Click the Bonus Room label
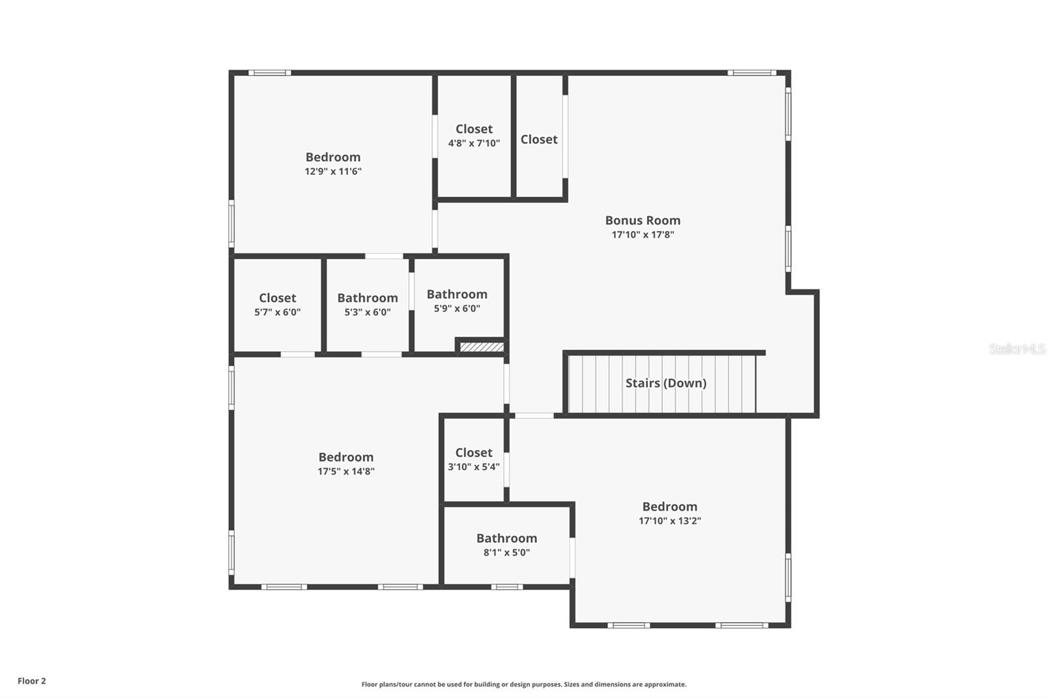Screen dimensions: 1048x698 pyautogui.click(x=643, y=221)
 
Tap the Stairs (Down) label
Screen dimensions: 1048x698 pyautogui.click(x=665, y=383)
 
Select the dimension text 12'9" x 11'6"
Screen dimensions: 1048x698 pyautogui.click(x=333, y=171)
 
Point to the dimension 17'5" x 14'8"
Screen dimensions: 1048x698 pyautogui.click(x=346, y=471)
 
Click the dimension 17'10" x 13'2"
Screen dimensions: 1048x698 pyautogui.click(x=670, y=521)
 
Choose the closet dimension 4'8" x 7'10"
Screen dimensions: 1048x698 pyautogui.click(x=474, y=143)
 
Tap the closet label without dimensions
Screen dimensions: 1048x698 pyautogui.click(x=539, y=139)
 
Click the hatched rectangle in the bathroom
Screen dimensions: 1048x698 pyautogui.click(x=482, y=347)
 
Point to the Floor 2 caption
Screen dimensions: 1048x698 pyautogui.click(x=32, y=681)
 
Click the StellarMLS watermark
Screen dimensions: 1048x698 pyautogui.click(x=1017, y=349)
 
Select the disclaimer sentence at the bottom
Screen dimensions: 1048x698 pyautogui.click(x=524, y=684)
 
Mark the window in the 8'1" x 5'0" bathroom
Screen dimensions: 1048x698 pyautogui.click(x=507, y=587)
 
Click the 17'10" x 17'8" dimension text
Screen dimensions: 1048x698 pyautogui.click(x=643, y=234)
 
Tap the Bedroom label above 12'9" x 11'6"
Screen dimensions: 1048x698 pyautogui.click(x=333, y=157)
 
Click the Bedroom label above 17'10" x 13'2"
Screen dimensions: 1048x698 pyautogui.click(x=670, y=507)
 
